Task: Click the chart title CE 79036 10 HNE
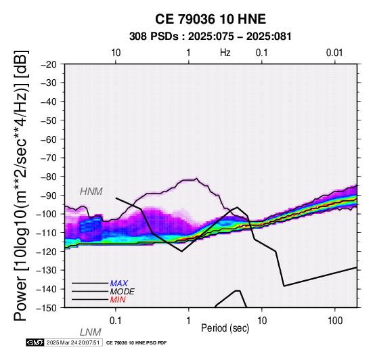tap(211, 19)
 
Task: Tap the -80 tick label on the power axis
tap(49, 177)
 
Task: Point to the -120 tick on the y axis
tap(47, 252)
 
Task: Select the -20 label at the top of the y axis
tap(49, 64)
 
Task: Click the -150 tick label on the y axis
tap(47, 308)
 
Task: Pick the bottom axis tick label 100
tap(335, 321)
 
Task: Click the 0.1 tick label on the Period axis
tap(116, 321)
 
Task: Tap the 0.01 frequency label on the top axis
tap(334, 53)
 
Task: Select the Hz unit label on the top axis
tap(225, 53)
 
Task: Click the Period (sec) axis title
tap(225, 328)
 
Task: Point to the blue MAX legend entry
tap(119, 284)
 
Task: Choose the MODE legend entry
tap(123, 292)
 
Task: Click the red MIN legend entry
tap(118, 300)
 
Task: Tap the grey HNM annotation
tap(91, 192)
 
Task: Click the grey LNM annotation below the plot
tap(91, 332)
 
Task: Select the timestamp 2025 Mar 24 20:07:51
tap(73, 342)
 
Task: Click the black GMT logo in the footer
tap(35, 342)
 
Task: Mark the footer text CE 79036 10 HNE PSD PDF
tap(136, 343)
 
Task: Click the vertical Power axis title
tap(21, 185)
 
